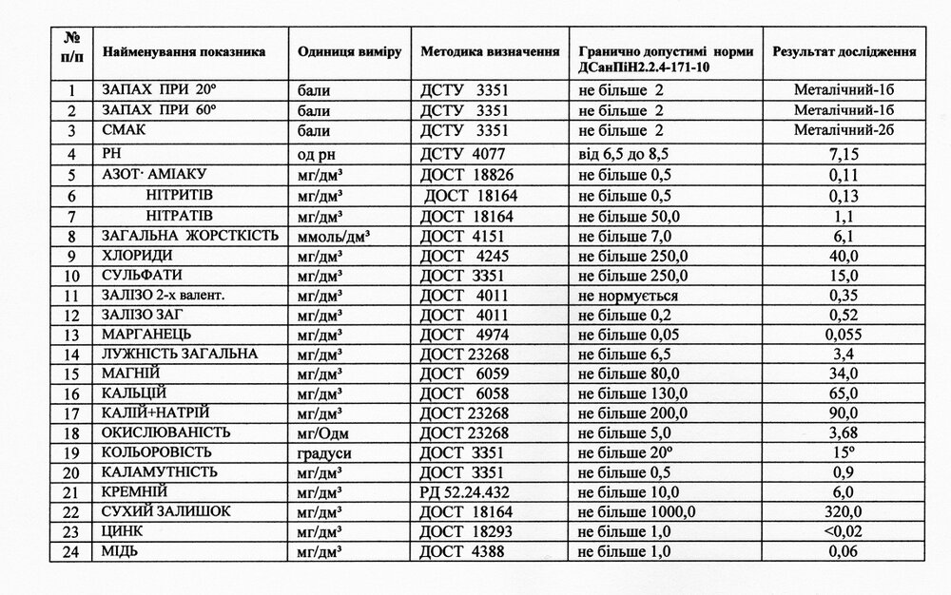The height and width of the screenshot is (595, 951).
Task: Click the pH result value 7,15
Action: pyautogui.click(x=844, y=153)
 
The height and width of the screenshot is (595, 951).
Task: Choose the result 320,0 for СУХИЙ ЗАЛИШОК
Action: pyautogui.click(x=844, y=511)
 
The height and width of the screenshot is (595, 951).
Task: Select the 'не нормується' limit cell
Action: pyautogui.click(x=624, y=296)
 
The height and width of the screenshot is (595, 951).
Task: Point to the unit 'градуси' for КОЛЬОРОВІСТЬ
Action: pyautogui.click(x=324, y=451)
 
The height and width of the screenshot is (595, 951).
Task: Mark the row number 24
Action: pyautogui.click(x=72, y=550)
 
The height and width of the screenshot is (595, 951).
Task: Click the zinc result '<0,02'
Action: pyautogui.click(x=844, y=531)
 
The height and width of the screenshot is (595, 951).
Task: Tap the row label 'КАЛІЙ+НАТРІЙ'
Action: pyautogui.click(x=155, y=413)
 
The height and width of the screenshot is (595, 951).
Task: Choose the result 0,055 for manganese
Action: pyautogui.click(x=844, y=335)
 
